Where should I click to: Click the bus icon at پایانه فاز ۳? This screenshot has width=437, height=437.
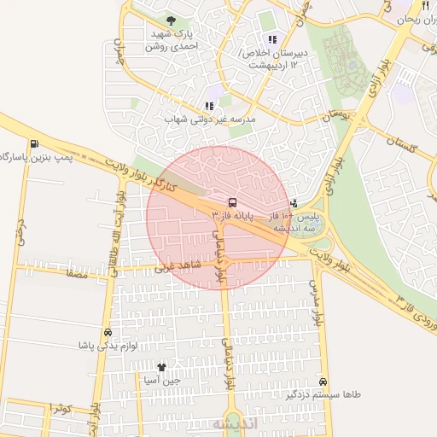pyautogui.click(x=232, y=203)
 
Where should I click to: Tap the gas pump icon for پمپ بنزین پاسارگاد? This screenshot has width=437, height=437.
pyautogui.click(x=33, y=143)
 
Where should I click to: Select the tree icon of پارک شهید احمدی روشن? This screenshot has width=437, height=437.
pyautogui.click(x=172, y=20)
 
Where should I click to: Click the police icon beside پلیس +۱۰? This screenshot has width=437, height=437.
pyautogui.click(x=294, y=203)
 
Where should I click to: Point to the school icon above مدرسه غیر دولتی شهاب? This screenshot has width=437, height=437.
pyautogui.click(x=209, y=106)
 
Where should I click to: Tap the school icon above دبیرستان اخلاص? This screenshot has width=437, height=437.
pyautogui.click(x=272, y=39)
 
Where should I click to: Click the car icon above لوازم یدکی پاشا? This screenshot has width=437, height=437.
pyautogui.click(x=108, y=332)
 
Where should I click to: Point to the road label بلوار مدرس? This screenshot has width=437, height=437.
pyautogui.click(x=318, y=301)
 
